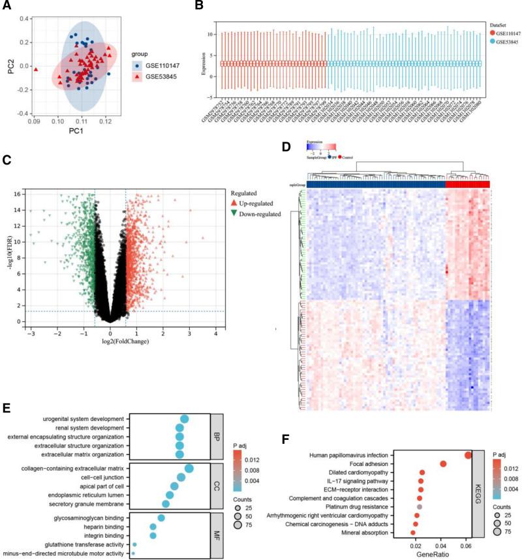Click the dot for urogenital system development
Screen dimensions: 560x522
pos(184,419)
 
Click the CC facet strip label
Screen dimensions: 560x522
pos(217,486)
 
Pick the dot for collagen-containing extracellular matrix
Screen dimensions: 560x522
pos(189,468)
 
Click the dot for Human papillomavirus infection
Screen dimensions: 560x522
pos(468,455)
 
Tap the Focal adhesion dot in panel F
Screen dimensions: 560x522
pos(443,463)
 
